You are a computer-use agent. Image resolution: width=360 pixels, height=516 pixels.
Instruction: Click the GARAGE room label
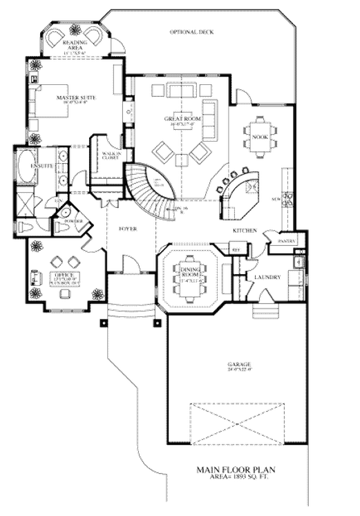(236, 364)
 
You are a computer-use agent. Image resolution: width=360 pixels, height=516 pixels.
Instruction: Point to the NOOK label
(260, 137)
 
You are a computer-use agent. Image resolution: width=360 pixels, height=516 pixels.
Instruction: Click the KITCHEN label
(245, 230)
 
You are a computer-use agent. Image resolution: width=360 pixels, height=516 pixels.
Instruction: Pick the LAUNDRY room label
(267, 278)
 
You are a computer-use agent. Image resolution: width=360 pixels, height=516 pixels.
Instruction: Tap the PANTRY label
(286, 242)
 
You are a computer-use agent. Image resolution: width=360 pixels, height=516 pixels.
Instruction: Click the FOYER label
(127, 227)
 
